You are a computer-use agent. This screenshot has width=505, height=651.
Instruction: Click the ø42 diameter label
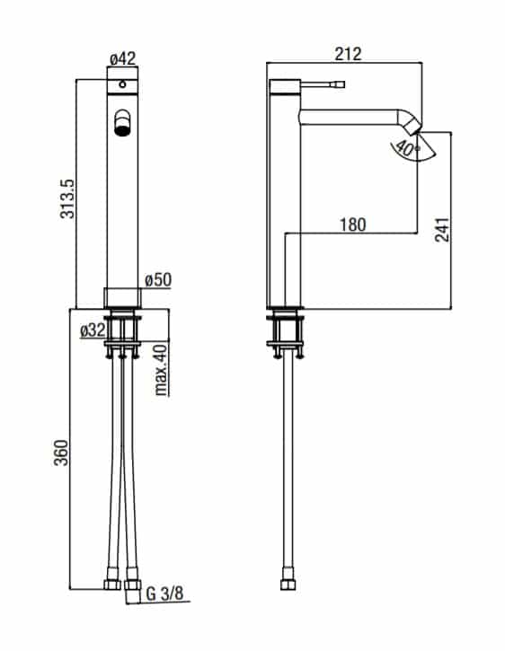(122, 58)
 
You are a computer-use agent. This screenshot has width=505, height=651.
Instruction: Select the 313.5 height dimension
(67, 198)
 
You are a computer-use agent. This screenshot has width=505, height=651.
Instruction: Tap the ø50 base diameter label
(158, 280)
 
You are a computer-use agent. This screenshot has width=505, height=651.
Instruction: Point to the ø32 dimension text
(93, 330)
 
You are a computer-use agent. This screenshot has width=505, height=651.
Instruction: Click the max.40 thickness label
(161, 370)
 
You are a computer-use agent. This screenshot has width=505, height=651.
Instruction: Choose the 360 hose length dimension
(61, 453)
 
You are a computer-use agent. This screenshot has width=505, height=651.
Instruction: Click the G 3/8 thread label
(164, 594)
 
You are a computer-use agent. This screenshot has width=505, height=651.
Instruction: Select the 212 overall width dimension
(348, 54)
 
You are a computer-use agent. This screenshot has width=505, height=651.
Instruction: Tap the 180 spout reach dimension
(353, 224)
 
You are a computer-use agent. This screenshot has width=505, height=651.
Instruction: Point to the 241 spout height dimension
(442, 230)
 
